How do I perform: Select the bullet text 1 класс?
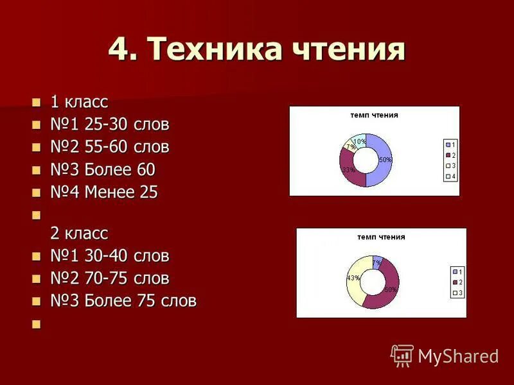[x=79, y=101]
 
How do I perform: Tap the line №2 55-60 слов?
[x=110, y=147]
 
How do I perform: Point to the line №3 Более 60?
[x=103, y=170]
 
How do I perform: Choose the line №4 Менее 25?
[x=104, y=193]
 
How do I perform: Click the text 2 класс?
[x=79, y=232]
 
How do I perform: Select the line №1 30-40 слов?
[x=110, y=256]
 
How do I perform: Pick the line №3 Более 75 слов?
[x=123, y=301]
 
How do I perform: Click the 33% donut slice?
[x=348, y=169]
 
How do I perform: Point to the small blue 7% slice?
[x=378, y=261]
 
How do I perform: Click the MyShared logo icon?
[x=402, y=355]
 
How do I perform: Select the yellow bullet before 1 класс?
[x=36, y=102]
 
